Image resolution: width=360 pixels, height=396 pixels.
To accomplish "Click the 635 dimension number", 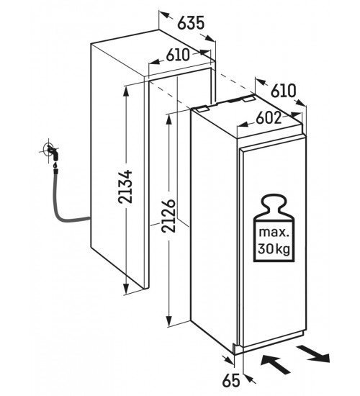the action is pyautogui.click(x=191, y=23).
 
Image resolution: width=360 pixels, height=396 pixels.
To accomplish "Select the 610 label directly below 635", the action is pyautogui.click(x=178, y=55).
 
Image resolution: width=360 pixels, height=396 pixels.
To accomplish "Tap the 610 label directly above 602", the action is pyautogui.click(x=283, y=91).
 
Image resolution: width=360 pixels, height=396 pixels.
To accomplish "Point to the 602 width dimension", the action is pyautogui.click(x=269, y=117).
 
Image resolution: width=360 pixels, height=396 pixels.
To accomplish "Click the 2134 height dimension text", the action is pyautogui.click(x=125, y=187).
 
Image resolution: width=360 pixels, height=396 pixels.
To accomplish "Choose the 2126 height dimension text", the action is pyautogui.click(x=168, y=216).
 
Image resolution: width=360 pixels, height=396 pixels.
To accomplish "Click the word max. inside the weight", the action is pyautogui.click(x=274, y=232).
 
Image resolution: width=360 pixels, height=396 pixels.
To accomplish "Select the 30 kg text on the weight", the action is pyautogui.click(x=274, y=249).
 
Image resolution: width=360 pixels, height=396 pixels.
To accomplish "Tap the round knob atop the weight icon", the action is pyautogui.click(x=274, y=202).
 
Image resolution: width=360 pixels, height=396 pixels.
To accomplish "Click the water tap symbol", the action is pyautogui.click(x=51, y=150).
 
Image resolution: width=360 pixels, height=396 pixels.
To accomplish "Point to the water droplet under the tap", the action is pyautogui.click(x=55, y=165).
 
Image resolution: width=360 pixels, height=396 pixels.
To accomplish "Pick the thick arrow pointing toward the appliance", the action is pyautogui.click(x=275, y=365).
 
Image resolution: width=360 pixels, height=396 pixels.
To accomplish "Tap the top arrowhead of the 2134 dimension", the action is pyautogui.click(x=125, y=91).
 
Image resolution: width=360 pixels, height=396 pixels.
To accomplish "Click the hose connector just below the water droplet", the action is pyautogui.click(x=55, y=171).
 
